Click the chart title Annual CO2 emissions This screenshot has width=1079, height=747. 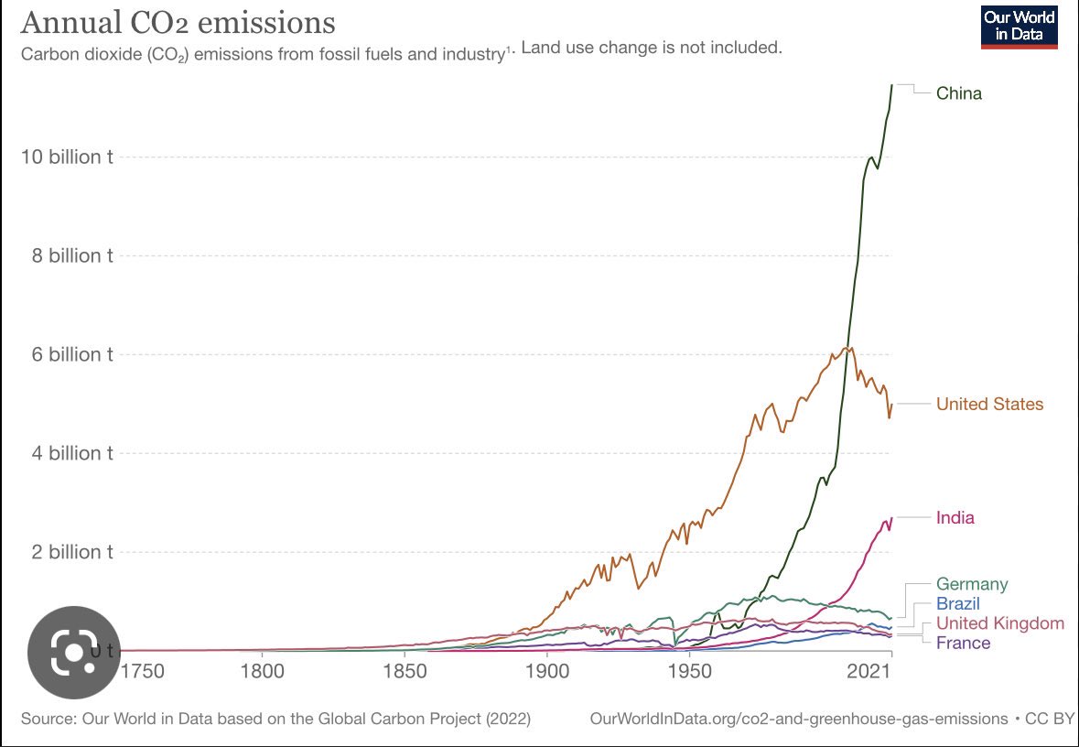[178, 22]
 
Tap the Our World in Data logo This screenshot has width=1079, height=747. [1020, 27]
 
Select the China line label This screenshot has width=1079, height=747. [958, 93]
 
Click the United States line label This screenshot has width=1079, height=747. [989, 404]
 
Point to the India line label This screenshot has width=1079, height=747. [955, 518]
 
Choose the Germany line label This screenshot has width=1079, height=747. [972, 585]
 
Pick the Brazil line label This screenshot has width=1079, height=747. [958, 604]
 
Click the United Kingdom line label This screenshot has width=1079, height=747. [1000, 623]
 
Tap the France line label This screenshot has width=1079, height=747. [964, 643]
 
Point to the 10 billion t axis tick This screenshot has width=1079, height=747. [67, 157]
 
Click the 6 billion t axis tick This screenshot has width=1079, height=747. [72, 354]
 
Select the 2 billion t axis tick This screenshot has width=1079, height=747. [72, 552]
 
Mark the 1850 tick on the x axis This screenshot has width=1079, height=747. [405, 670]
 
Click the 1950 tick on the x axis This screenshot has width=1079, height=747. [689, 670]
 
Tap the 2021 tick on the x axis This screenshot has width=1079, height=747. [869, 670]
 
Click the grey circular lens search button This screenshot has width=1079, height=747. [73, 652]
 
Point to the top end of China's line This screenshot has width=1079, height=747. [891, 85]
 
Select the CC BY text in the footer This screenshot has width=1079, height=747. [1050, 719]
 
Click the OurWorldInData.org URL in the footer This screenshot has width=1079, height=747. [799, 719]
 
